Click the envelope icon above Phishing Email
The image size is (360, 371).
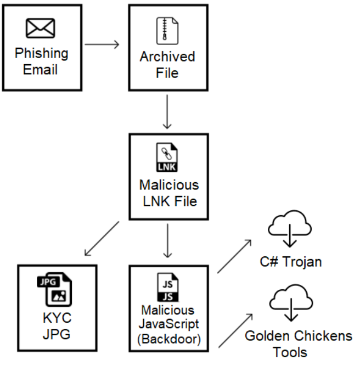(41, 29)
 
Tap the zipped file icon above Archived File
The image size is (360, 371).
(168, 30)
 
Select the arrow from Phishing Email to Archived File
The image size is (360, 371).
(103, 44)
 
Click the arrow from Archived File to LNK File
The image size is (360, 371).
(168, 111)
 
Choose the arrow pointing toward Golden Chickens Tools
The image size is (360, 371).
(235, 330)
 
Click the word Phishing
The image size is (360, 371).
(42, 54)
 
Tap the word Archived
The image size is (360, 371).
(167, 57)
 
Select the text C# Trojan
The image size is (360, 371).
(291, 261)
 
